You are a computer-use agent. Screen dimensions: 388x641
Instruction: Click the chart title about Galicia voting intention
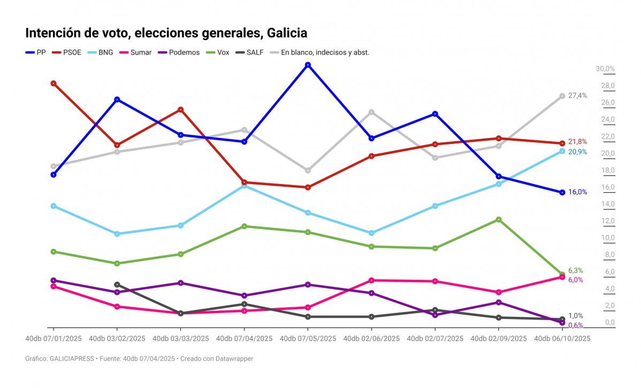coord(166,33)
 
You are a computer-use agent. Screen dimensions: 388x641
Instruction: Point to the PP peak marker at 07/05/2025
coord(308,65)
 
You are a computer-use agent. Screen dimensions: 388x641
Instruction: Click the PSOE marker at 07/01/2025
coord(54,83)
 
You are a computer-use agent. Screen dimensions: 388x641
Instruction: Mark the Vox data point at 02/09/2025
coord(499,219)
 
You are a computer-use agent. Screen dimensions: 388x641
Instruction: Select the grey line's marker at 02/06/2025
coord(371,112)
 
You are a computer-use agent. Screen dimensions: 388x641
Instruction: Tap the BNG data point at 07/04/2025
coord(244,186)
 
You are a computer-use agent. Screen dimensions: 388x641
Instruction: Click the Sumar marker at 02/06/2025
coord(371,280)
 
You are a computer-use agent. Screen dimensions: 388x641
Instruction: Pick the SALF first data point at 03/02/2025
coord(117,285)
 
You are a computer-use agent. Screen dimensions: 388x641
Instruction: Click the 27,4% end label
coord(577,96)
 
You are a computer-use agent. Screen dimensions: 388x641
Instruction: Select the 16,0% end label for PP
coord(577,192)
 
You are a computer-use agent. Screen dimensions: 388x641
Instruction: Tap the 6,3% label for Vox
coord(575,271)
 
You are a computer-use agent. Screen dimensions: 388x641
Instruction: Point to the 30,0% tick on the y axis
coord(606,69)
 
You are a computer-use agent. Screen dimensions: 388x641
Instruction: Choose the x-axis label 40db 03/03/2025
coord(180,339)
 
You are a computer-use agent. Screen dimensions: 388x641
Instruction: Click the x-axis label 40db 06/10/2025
coord(562,339)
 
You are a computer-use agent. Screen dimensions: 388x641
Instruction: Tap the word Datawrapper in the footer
coord(234,359)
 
